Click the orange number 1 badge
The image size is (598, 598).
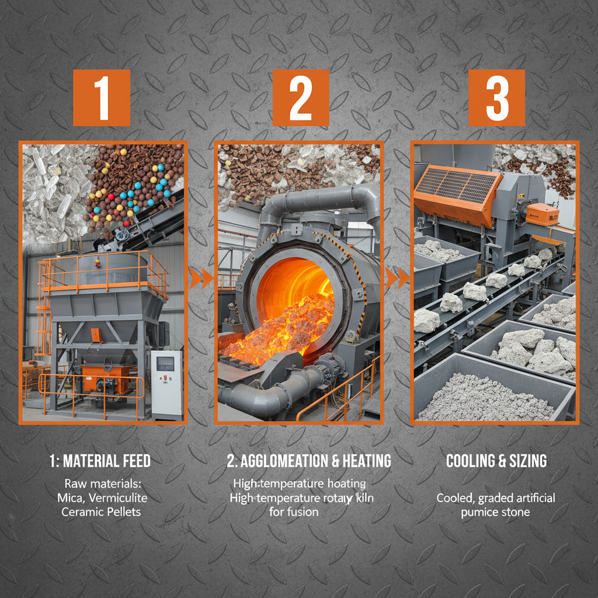tap(102, 98)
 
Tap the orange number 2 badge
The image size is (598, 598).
tap(300, 98)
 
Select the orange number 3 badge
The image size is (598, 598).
tap(496, 98)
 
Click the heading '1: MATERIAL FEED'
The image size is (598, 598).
tap(100, 461)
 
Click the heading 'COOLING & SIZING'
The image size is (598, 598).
tap(496, 461)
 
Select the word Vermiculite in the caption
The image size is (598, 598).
tap(121, 498)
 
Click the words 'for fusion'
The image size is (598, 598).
tap(295, 512)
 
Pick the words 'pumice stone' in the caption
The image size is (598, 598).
tap(496, 512)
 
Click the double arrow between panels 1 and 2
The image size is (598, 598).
tap(200, 278)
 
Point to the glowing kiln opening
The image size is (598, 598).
tap(292, 292)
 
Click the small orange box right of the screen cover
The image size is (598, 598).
tap(542, 214)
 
